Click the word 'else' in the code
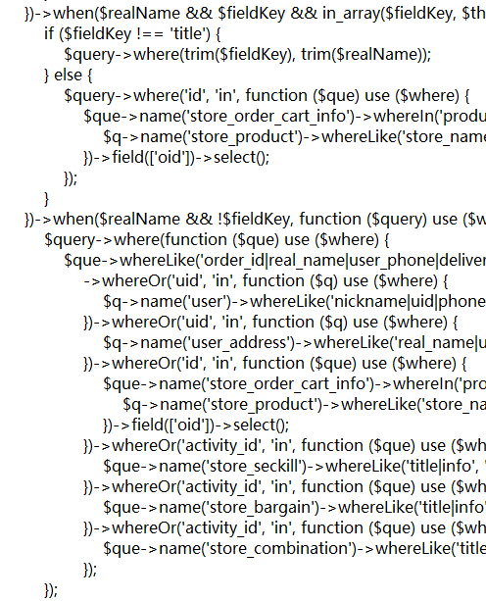pos(68,75)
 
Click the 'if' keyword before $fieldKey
pos(49,33)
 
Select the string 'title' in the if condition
pos(187,33)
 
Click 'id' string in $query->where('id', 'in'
pos(198,95)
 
